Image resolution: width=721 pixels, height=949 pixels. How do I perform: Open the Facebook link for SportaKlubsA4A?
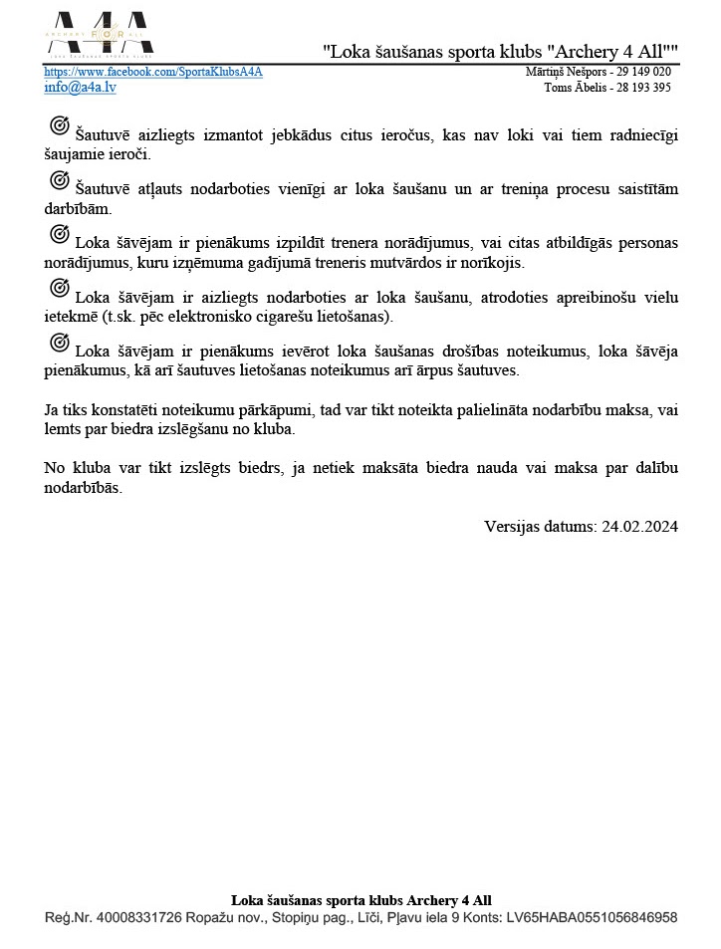(153, 73)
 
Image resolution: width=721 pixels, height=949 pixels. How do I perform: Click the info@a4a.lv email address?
(80, 88)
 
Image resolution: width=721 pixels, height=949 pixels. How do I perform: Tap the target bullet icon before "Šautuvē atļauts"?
(59, 180)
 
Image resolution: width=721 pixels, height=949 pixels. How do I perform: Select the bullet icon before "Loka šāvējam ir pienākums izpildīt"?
(59, 234)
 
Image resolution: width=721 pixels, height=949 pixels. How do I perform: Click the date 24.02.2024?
(639, 527)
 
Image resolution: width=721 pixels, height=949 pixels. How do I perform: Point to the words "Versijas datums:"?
(541, 527)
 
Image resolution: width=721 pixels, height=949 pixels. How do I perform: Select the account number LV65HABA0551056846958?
(595, 917)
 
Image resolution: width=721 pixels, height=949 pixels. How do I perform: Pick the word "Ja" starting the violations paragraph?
(52, 409)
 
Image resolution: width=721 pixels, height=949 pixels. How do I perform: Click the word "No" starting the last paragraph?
(56, 468)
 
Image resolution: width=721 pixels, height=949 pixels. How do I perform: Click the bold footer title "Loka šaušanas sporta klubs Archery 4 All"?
(360, 900)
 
